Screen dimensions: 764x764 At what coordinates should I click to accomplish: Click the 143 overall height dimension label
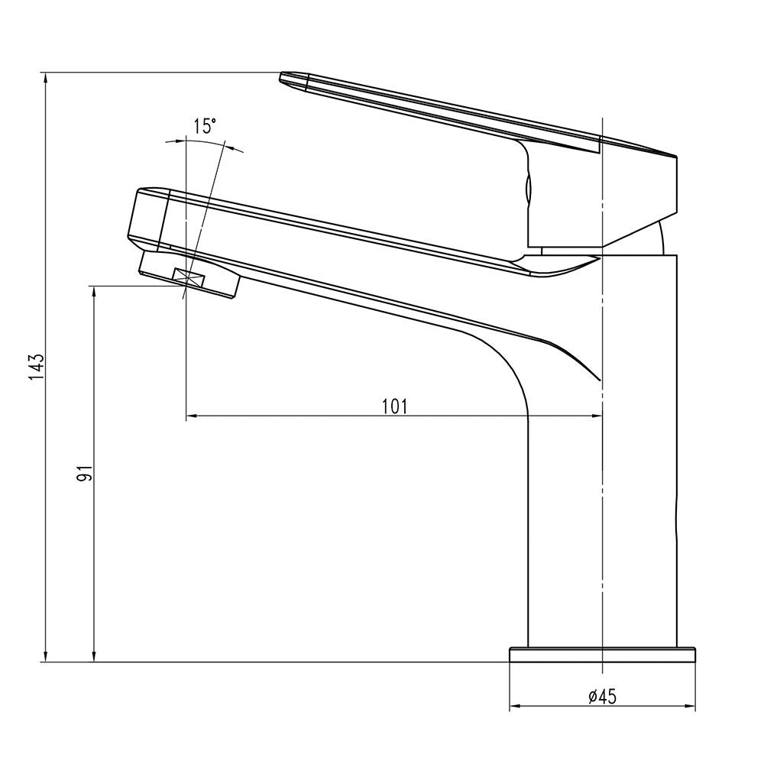coord(37,367)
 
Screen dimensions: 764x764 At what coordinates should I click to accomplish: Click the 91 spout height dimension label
coord(84,473)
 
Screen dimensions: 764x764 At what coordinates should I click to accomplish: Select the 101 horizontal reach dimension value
coord(394,406)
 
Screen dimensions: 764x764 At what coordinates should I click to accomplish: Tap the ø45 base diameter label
coord(602,697)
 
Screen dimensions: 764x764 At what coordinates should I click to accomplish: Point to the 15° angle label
coord(204,126)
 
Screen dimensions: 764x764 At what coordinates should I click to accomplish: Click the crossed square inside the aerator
coord(189,278)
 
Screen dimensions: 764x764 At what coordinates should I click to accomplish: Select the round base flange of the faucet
coord(602,655)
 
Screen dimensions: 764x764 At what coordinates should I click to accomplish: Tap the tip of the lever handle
coord(281,77)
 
